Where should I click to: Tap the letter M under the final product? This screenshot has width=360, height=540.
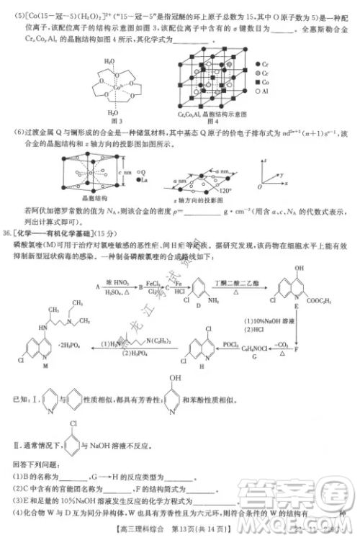click(x=47, y=366)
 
